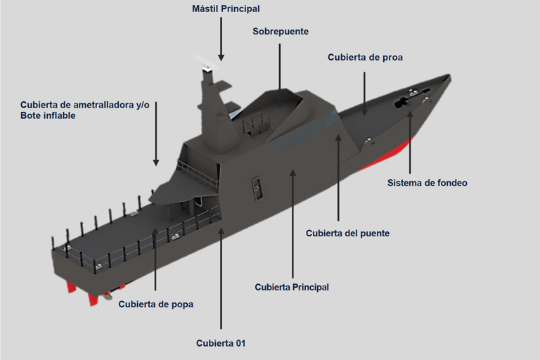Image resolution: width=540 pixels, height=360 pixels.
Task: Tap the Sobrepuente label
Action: coord(280,32)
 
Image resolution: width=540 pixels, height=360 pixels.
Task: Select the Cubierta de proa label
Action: coord(365,57)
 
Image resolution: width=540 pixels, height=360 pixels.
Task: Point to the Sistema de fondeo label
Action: coord(427,183)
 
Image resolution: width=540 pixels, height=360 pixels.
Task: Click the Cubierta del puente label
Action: coord(347,233)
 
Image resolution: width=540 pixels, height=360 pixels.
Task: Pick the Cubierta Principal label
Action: coord(291,287)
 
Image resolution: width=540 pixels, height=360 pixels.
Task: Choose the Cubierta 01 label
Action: coord(221,343)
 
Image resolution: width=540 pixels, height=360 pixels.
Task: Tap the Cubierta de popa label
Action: coord(155,304)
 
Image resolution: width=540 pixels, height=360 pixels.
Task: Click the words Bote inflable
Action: coord(48,115)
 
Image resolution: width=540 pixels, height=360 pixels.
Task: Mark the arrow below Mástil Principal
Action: coord(221,39)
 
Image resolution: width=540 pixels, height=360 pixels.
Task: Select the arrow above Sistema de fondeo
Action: coord(411,141)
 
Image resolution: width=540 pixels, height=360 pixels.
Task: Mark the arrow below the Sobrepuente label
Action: coord(280,67)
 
